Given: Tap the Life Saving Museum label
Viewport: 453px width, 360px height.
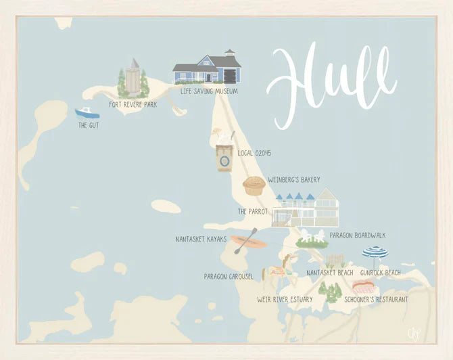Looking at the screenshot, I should (x=209, y=90).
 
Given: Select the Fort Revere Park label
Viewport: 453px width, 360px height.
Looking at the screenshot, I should (x=133, y=105).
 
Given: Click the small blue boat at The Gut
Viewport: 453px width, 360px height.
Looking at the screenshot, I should (x=87, y=113).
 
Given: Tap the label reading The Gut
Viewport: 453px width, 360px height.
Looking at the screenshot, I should (x=88, y=125).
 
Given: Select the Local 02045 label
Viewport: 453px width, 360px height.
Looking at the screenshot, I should (x=254, y=153).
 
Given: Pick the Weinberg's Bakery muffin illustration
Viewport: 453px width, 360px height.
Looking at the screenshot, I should (x=254, y=185).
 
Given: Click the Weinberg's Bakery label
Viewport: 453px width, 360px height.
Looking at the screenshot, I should (x=293, y=180).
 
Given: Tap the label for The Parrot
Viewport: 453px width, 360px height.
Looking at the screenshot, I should (x=253, y=212).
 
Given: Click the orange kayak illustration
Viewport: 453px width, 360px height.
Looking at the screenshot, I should (x=247, y=242).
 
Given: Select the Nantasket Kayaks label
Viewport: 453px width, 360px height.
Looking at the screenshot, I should (x=200, y=239).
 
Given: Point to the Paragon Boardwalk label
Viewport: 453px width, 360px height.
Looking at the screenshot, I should (x=357, y=235).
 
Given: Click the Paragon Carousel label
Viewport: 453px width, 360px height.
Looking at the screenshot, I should (x=229, y=276).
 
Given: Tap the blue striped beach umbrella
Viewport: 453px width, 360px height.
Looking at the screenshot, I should (x=375, y=253).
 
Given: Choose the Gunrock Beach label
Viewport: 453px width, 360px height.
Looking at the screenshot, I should (x=380, y=273).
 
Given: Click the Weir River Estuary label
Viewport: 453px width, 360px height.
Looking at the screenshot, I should (x=284, y=298).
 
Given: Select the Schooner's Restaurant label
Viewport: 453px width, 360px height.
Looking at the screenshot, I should (x=376, y=298).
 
